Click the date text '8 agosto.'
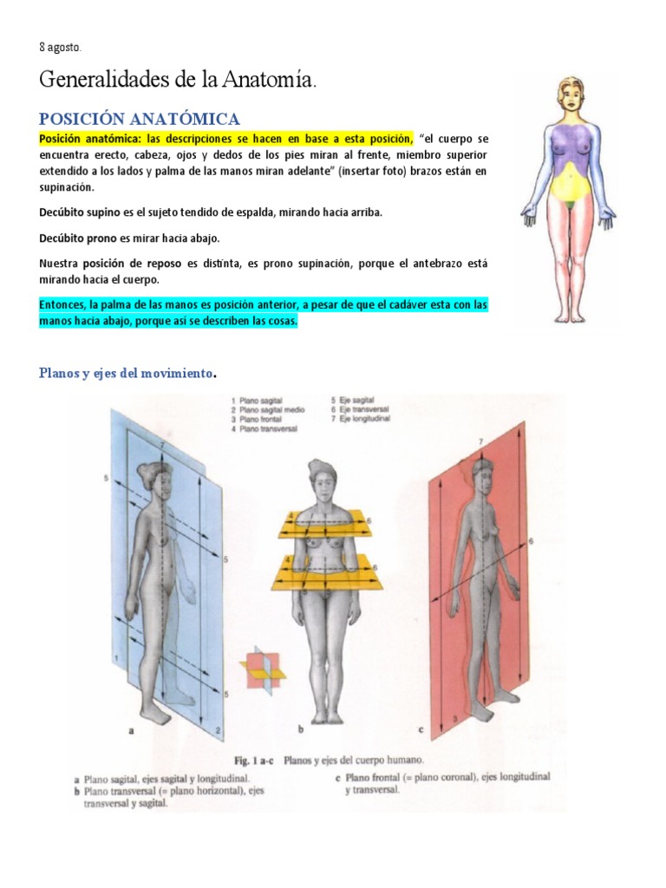62,47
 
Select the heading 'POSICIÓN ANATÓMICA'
139,119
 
